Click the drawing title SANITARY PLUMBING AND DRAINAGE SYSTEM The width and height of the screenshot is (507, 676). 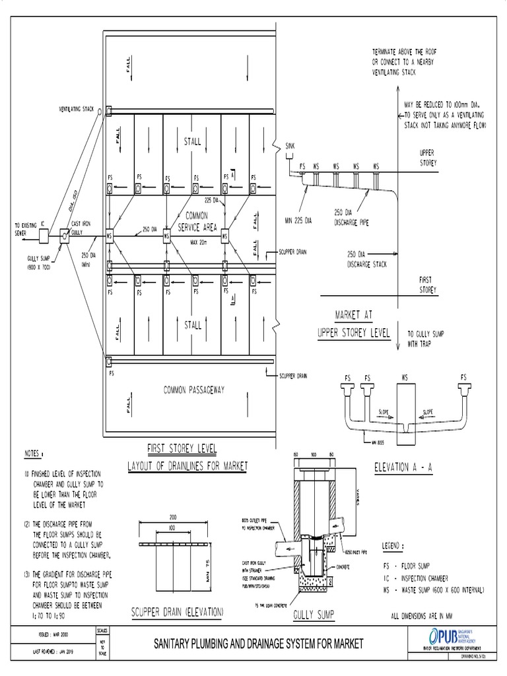[258, 642]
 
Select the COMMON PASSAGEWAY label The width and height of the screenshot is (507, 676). [194, 390]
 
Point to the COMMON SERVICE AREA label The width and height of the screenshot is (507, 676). [197, 220]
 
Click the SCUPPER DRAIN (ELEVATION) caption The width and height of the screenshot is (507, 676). [177, 612]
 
